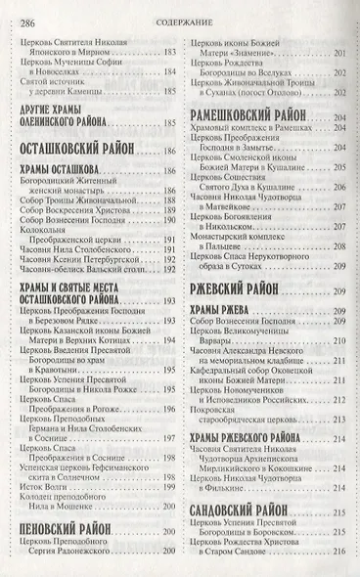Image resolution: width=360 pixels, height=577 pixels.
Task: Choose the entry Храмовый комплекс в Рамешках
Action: [x=249, y=128]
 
